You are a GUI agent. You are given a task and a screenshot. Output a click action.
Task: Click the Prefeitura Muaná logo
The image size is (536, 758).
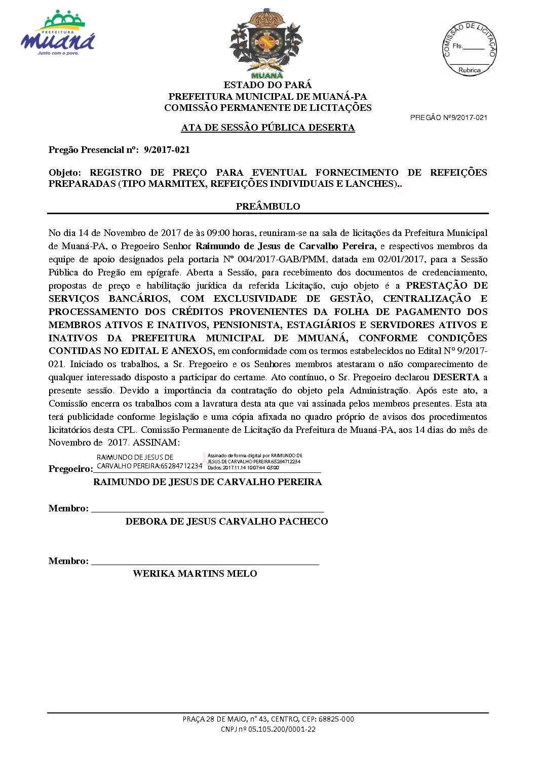(58, 33)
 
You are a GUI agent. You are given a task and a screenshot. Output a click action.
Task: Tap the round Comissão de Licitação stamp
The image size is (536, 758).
(469, 49)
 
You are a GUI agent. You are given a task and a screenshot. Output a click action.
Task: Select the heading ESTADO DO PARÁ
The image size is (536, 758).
(267, 85)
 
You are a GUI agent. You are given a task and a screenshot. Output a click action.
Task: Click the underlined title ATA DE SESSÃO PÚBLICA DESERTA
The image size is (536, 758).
(267, 128)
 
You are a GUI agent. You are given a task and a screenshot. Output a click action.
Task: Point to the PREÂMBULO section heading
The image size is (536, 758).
(267, 207)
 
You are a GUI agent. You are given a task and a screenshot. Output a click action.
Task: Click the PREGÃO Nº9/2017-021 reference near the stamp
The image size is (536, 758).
(448, 117)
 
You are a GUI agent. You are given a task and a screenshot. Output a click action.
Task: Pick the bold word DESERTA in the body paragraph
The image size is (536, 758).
(456, 377)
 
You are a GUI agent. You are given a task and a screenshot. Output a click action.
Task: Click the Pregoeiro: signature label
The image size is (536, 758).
(70, 469)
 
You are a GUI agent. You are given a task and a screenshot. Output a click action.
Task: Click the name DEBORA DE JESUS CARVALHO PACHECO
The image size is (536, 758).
(226, 522)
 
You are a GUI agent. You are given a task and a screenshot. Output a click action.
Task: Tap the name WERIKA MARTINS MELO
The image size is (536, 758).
(195, 574)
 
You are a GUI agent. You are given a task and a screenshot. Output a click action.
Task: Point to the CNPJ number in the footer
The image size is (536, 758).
(268, 729)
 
